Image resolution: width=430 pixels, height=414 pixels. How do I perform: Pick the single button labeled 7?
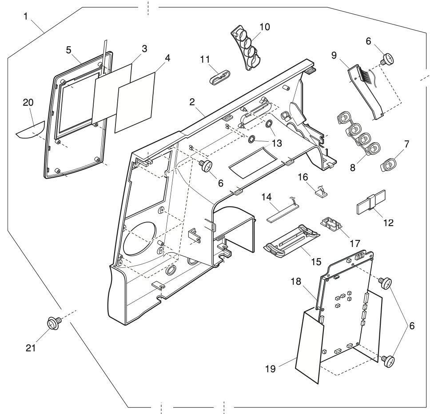[x=389, y=165]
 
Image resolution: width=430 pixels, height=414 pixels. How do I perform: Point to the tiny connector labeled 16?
[x=319, y=192]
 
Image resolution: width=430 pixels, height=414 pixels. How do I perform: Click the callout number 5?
[x=69, y=50]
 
